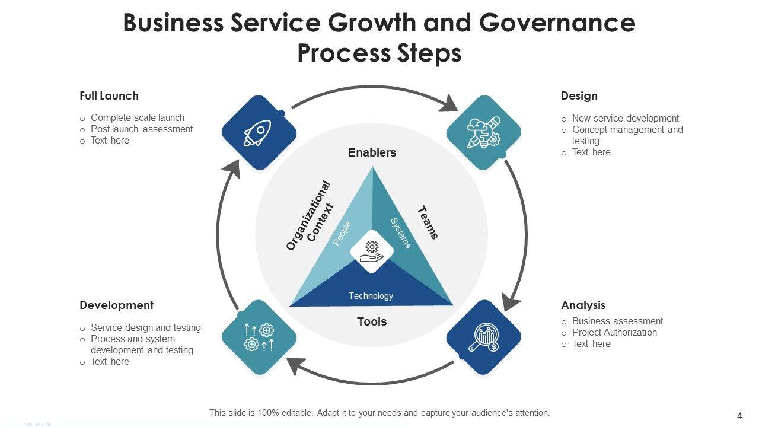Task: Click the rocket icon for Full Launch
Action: [x=259, y=133]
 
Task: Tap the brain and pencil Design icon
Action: [x=483, y=133]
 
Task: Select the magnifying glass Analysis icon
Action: [x=483, y=337]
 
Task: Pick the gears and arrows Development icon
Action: [x=259, y=337]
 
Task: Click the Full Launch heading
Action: [x=109, y=95]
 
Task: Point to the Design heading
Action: [x=579, y=95]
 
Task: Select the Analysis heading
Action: [x=583, y=305]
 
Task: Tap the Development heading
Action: [x=116, y=305]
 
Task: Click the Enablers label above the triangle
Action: [x=372, y=152]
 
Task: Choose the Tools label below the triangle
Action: [x=372, y=321]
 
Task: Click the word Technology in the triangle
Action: [x=371, y=296]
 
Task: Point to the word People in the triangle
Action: [x=342, y=233]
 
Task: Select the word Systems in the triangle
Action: [x=400, y=233]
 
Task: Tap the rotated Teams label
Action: [x=428, y=222]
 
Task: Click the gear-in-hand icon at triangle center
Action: [x=372, y=251]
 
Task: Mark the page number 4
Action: [x=739, y=416]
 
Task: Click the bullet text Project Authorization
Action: [x=614, y=333]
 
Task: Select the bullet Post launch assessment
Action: [x=142, y=129]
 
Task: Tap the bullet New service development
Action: [x=626, y=118]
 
